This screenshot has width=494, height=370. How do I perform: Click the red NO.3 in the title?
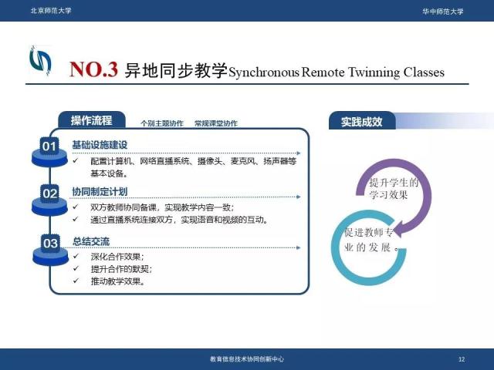[x=93, y=69]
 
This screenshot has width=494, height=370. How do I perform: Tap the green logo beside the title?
[x=40, y=61]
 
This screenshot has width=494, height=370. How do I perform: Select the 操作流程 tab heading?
[x=91, y=120]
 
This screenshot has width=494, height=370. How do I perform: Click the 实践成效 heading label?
[x=362, y=122]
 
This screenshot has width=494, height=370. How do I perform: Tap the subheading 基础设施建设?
[x=100, y=145]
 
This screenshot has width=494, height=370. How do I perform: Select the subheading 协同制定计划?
[x=100, y=192]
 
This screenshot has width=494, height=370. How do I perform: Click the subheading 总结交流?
[x=91, y=241]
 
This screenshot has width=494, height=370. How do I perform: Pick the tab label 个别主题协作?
[x=162, y=123]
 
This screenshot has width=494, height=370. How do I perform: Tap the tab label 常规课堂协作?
[x=216, y=123]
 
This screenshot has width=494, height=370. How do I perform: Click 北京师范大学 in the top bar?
[x=51, y=11]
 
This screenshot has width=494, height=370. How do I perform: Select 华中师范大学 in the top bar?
[x=443, y=12]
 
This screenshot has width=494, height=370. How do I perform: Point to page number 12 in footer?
[x=462, y=359]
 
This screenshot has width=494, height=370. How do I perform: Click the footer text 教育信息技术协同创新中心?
[x=247, y=358]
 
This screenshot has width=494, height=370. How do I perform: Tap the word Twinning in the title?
[x=374, y=72]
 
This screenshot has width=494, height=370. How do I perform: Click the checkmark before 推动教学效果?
[x=76, y=281]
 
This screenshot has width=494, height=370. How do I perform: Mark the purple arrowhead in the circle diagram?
[x=400, y=229]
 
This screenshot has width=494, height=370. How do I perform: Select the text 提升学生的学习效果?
[x=394, y=188]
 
